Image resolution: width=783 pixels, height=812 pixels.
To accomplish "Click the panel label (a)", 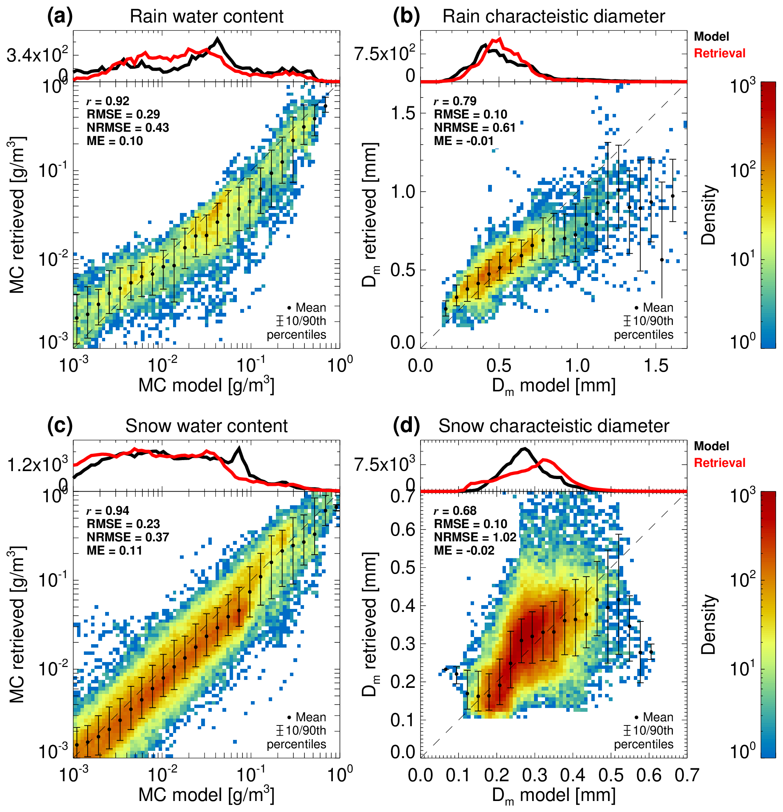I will (60, 17).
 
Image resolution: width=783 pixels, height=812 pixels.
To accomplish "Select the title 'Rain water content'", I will (206, 17).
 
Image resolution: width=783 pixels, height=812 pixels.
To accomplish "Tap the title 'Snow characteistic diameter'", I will (553, 426).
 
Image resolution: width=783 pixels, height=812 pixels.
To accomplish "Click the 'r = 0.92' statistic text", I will (108, 101).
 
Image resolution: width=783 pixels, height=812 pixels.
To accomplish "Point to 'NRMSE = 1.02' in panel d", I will (475, 537).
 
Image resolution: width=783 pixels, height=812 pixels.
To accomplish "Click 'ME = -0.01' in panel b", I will (463, 141).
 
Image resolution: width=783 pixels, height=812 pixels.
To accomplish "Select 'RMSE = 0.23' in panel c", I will (123, 524).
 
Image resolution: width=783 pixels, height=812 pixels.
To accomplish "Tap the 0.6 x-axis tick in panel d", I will (649, 775).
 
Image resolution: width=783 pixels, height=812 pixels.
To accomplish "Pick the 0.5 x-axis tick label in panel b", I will (499, 366).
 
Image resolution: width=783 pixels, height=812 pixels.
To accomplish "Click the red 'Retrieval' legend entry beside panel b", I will (719, 54).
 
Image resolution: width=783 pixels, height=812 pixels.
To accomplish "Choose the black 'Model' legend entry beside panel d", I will (711, 446).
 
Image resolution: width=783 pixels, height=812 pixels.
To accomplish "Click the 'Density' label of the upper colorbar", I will (709, 214).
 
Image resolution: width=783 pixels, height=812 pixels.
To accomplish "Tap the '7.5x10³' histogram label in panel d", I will (384, 464).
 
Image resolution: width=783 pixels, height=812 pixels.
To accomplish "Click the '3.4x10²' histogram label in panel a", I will (37, 55).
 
